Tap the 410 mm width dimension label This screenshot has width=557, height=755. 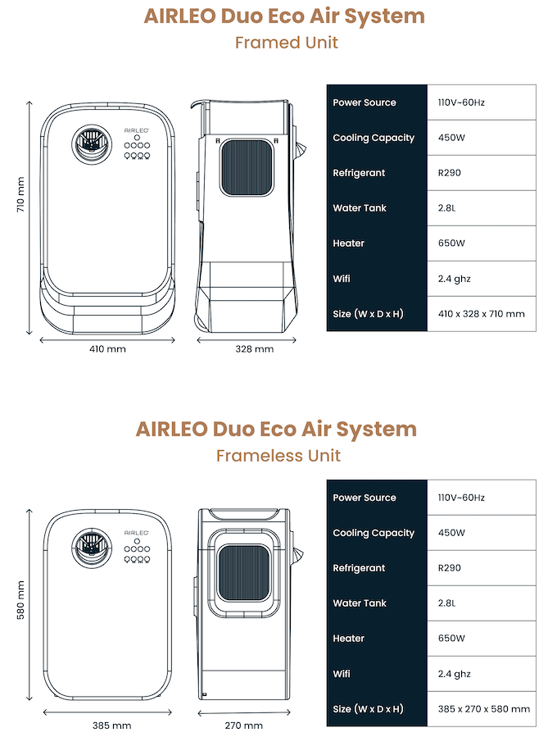(x=108, y=349)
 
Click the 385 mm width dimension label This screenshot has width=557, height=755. (x=112, y=725)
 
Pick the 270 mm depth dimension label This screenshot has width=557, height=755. (x=244, y=725)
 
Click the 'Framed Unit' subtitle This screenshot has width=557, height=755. (x=286, y=43)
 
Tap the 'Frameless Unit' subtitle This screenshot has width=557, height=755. (x=278, y=455)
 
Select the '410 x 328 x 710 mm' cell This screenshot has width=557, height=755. (x=482, y=314)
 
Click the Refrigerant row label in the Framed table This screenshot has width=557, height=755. (x=359, y=173)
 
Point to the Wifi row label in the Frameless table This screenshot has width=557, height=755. (x=342, y=674)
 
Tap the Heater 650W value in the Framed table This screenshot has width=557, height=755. (x=451, y=243)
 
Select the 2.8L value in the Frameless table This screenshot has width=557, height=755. (x=447, y=603)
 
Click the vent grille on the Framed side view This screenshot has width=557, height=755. (x=246, y=168)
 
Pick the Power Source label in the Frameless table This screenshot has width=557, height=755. (x=365, y=498)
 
